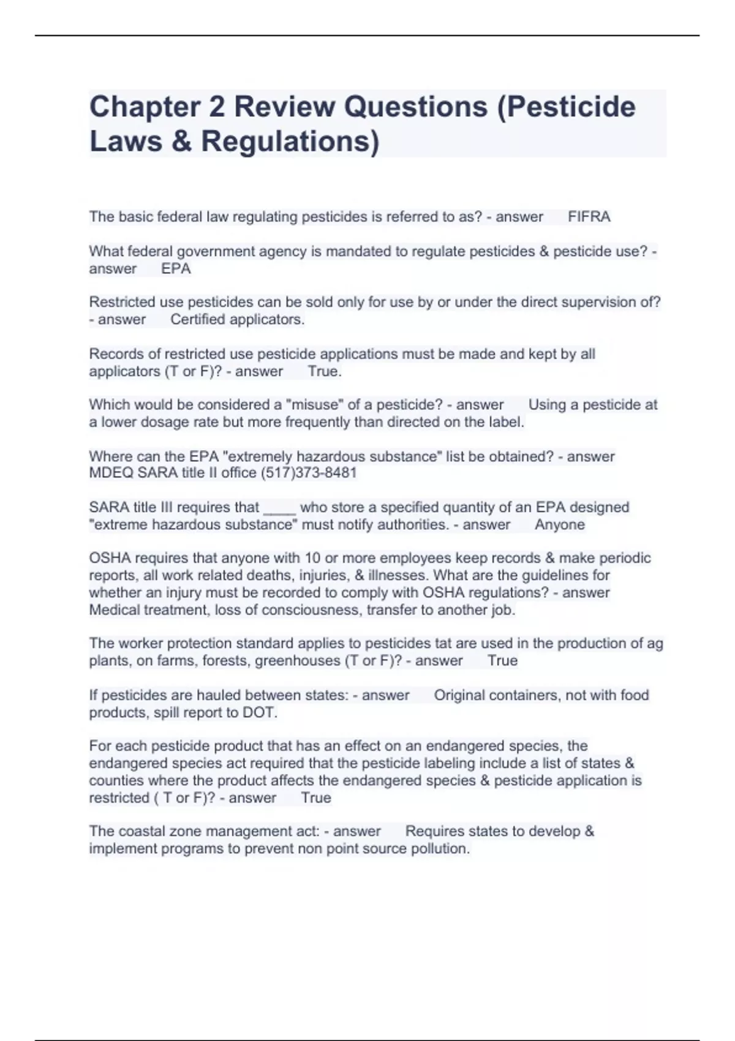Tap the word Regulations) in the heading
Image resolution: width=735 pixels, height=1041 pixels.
pyautogui.click(x=290, y=141)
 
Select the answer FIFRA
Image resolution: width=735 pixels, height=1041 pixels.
pyautogui.click(x=589, y=217)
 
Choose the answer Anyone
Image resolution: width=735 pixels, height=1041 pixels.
pyautogui.click(x=559, y=525)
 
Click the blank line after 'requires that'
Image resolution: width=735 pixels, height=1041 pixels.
pyautogui.click(x=279, y=508)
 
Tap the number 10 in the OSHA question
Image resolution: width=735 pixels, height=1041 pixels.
pyautogui.click(x=312, y=558)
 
